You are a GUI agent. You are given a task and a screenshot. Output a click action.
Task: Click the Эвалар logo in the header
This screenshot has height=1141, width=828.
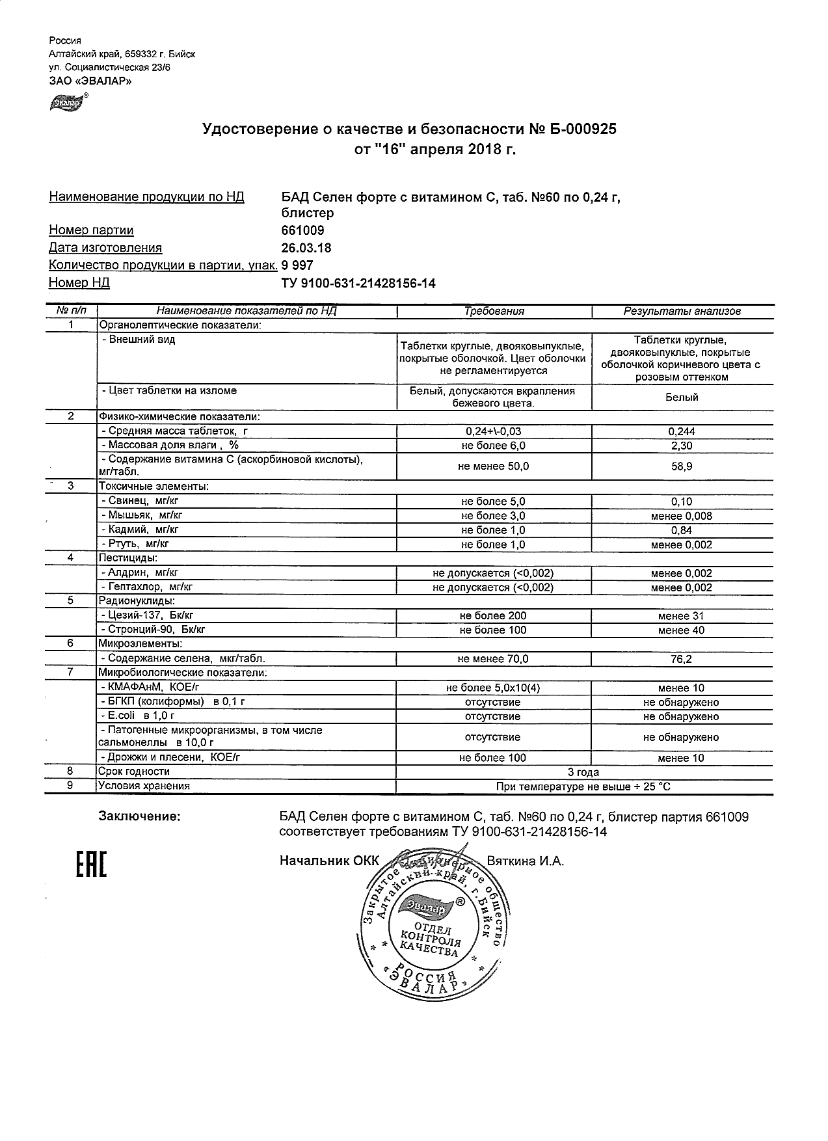(x=68, y=103)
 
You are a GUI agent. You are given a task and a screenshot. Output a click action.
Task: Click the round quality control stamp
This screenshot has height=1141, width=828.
(x=429, y=931)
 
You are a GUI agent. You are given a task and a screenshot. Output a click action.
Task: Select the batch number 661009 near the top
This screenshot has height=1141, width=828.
(x=302, y=230)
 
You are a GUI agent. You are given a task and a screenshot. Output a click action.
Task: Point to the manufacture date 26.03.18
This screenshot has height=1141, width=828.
(x=306, y=248)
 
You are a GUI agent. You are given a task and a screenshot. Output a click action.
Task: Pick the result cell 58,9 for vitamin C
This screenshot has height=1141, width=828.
(x=682, y=466)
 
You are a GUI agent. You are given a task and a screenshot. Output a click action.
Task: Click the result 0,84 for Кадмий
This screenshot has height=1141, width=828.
(x=682, y=530)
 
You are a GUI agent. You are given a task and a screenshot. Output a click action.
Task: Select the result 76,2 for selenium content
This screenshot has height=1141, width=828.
(x=682, y=659)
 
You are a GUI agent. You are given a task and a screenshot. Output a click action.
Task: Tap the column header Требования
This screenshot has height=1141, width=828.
(x=494, y=312)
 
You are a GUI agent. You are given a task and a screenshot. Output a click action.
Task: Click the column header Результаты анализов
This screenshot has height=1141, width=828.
(x=682, y=312)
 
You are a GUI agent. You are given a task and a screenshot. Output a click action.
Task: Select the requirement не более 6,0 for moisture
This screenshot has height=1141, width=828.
(x=493, y=446)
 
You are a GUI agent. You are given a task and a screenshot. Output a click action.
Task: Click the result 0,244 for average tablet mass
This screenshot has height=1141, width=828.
(x=682, y=431)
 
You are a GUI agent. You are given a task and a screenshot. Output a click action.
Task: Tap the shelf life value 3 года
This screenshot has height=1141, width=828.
(x=583, y=772)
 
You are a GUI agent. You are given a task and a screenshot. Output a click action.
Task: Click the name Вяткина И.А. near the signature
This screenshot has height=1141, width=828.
(x=525, y=861)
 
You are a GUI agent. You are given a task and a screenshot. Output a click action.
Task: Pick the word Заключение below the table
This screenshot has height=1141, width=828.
(x=139, y=816)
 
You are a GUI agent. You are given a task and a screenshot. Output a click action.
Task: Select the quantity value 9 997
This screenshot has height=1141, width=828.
(x=297, y=265)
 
